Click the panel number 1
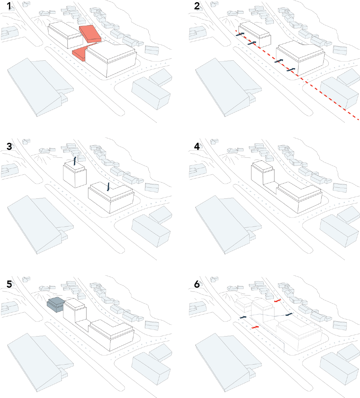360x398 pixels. pos(9,6)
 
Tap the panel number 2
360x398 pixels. pos(197,6)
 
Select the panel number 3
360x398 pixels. pos(9,146)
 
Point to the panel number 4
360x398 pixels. pos(197,146)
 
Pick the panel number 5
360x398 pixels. pos(9,284)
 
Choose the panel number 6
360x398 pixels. pos(197,284)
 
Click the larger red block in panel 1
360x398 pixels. pos(90,33)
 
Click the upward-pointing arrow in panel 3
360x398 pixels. pos(74,161)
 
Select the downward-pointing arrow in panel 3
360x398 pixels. pos(108,187)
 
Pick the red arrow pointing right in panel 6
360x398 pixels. pos(255,327)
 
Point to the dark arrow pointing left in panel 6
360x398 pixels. pos(289,314)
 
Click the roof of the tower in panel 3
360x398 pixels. pos(75,166)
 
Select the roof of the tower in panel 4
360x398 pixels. pos(263,166)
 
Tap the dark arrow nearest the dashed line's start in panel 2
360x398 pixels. pos(240,34)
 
